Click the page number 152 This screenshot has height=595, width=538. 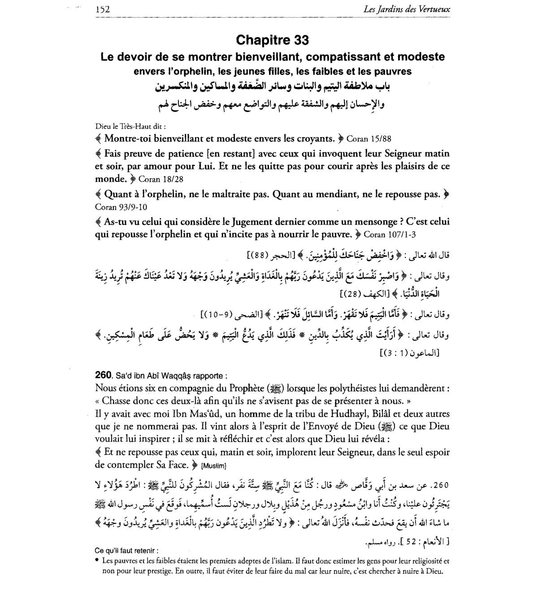(x=103, y=9)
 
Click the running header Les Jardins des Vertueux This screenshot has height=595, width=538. (x=414, y=9)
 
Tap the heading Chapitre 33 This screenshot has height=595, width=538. (x=272, y=40)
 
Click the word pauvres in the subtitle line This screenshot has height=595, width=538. (x=393, y=71)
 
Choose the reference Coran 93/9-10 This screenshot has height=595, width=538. (x=121, y=207)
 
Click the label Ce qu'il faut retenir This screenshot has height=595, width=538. (x=127, y=551)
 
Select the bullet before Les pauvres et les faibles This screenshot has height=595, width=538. (x=97, y=560)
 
